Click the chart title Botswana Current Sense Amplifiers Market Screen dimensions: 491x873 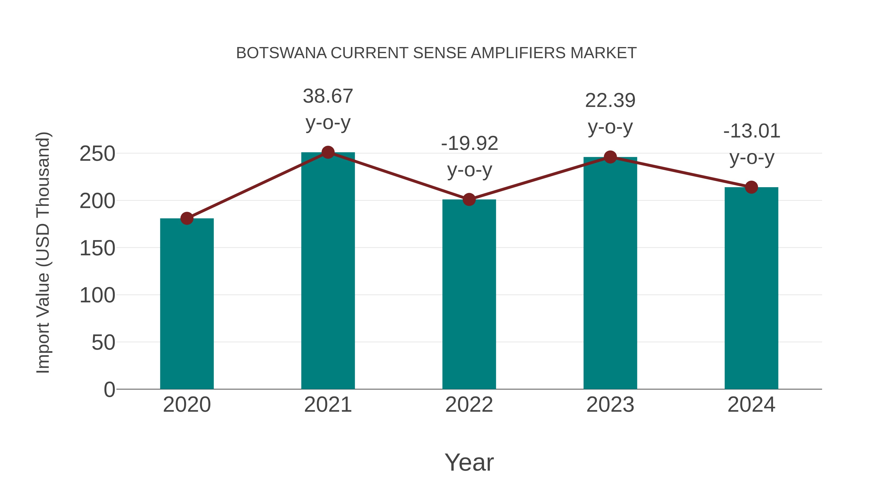436,53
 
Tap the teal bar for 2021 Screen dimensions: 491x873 328,271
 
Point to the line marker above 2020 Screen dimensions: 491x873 187,218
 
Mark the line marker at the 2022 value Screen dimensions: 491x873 469,200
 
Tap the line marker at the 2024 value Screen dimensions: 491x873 751,187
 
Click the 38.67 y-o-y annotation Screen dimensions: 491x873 328,109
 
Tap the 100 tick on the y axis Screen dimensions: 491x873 97,296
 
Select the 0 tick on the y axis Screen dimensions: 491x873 109,390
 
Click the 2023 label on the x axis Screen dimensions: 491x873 610,405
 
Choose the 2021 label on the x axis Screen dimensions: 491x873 328,405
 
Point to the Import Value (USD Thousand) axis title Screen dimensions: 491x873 43,252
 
